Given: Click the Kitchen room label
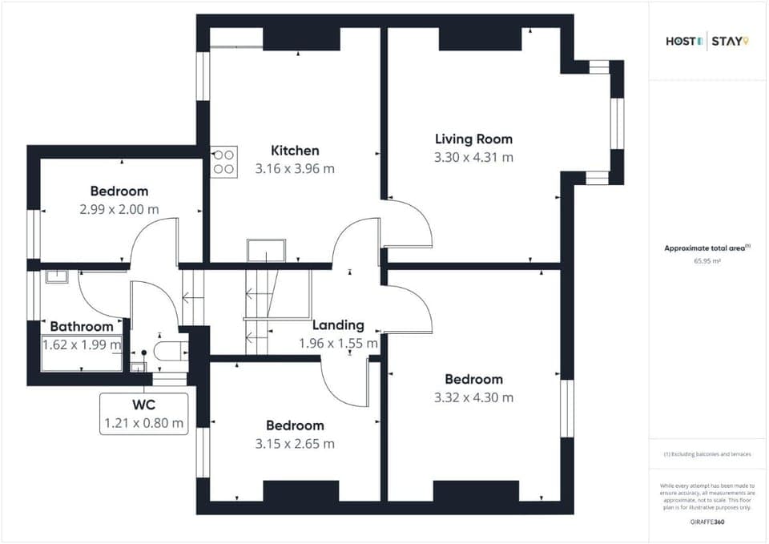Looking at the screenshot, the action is pyautogui.click(x=295, y=151).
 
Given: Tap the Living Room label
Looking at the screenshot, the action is pyautogui.click(x=473, y=139).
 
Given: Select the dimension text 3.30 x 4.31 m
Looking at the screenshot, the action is pyautogui.click(x=473, y=158).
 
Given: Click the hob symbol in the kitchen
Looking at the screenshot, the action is pyautogui.click(x=224, y=162).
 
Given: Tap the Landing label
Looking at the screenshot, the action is pyautogui.click(x=338, y=325).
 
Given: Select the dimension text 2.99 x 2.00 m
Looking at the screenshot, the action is pyautogui.click(x=119, y=209).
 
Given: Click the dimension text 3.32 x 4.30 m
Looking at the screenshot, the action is pyautogui.click(x=473, y=397).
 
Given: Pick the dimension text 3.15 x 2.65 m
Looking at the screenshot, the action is pyautogui.click(x=295, y=444).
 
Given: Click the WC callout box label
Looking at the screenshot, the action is pyautogui.click(x=143, y=405).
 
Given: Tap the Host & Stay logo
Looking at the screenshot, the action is pyautogui.click(x=707, y=41).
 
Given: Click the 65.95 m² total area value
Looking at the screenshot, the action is pyautogui.click(x=707, y=261).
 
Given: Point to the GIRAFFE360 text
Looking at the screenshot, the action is pyautogui.click(x=707, y=522).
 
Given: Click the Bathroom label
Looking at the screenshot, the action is pyautogui.click(x=82, y=327).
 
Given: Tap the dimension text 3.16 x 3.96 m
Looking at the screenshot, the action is pyautogui.click(x=295, y=169).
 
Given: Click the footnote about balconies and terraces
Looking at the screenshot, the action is pyautogui.click(x=707, y=454).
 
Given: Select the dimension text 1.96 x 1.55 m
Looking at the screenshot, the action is pyautogui.click(x=338, y=344).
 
